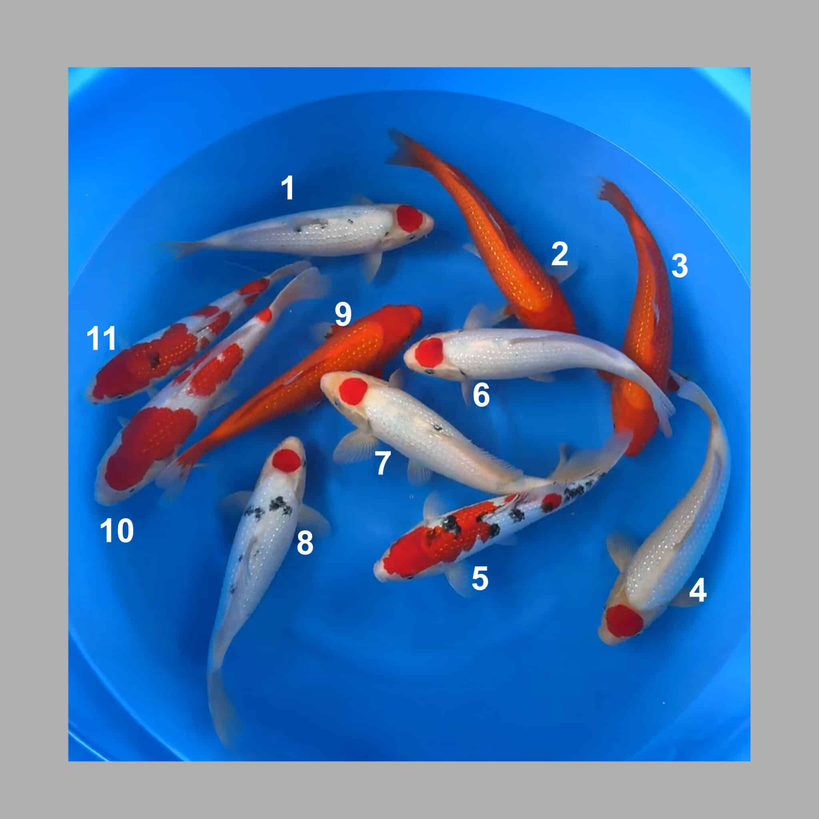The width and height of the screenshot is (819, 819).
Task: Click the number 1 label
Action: (x=288, y=188)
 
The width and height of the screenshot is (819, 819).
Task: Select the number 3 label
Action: (x=679, y=266)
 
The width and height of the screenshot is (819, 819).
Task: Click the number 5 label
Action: (x=480, y=578)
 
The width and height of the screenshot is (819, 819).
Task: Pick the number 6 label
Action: (x=481, y=395)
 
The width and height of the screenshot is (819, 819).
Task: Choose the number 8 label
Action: (x=305, y=543)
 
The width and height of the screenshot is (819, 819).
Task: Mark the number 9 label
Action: (x=343, y=314)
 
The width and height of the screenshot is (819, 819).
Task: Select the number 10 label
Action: (x=117, y=531)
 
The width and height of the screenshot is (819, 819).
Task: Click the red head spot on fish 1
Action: (x=410, y=219)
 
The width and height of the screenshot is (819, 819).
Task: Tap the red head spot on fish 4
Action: (x=624, y=621)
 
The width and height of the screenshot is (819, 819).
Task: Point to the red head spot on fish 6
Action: (x=429, y=353)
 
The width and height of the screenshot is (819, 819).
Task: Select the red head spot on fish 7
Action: (x=353, y=391)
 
